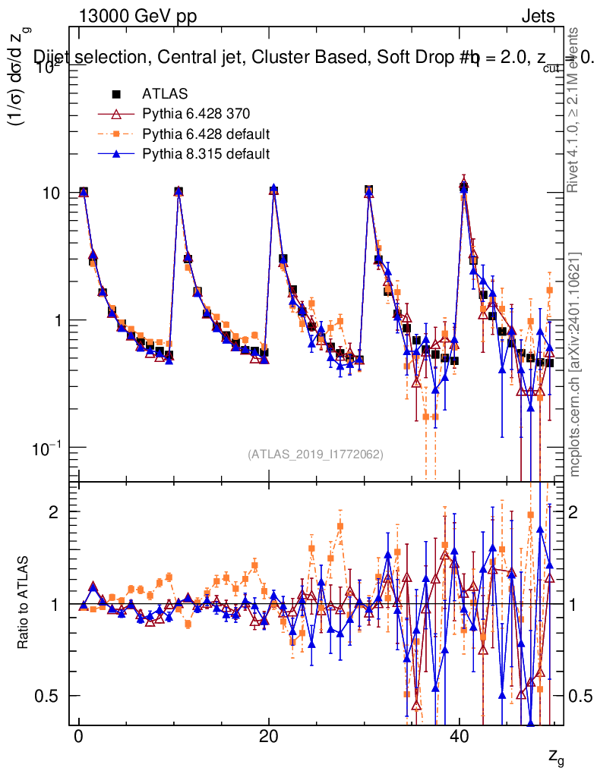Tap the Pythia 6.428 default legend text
(206, 135)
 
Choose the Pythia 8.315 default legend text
(206, 155)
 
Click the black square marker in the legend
(116, 94)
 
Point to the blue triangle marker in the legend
(116, 155)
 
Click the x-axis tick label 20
(268, 740)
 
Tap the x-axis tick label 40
(458, 740)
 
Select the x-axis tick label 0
(78, 740)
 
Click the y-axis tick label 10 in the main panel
(52, 193)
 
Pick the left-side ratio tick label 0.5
(49, 696)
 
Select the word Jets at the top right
(537, 16)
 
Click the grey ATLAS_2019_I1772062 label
(315, 454)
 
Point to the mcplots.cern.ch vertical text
(575, 364)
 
